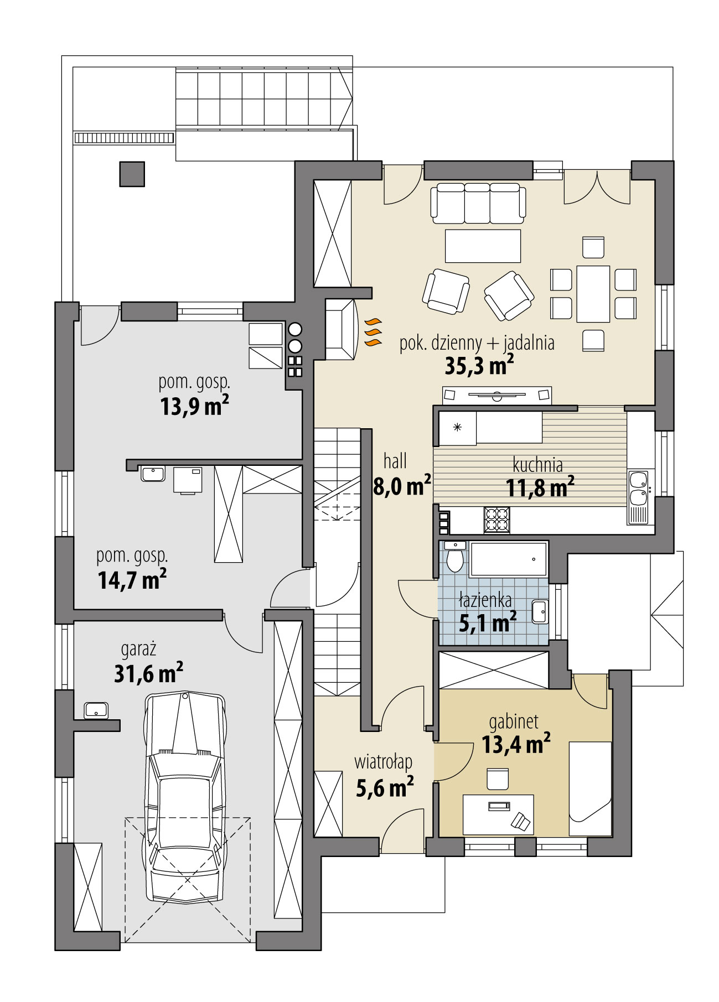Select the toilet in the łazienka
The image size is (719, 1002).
tap(455, 558)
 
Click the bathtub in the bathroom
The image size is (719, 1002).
tap(508, 559)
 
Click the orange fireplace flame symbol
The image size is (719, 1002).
tap(373, 331)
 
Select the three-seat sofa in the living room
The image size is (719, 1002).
tap(478, 203)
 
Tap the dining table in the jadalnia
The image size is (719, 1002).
tap(593, 294)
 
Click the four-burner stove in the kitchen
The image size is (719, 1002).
tap(496, 520)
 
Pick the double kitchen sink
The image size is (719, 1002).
tap(638, 488)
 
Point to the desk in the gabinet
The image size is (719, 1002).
tap(498, 814)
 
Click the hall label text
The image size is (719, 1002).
tap(395, 460)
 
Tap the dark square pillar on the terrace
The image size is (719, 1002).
tap(132, 174)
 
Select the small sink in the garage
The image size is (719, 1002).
tap(96, 709)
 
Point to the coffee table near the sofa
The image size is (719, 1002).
tap(483, 246)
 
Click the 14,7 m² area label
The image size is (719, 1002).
tap(132, 580)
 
